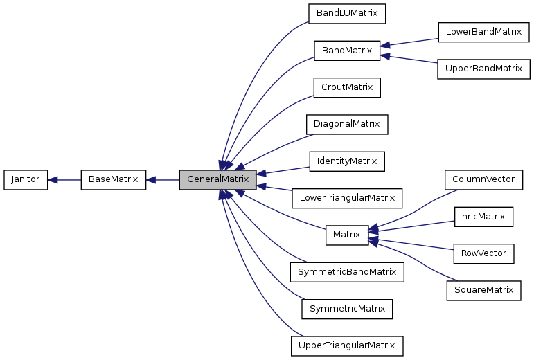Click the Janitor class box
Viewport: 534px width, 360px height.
(26, 179)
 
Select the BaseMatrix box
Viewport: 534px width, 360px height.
(113, 179)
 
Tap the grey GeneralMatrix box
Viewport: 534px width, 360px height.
(217, 179)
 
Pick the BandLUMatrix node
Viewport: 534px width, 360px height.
(346, 13)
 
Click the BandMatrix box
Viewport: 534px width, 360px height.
(346, 50)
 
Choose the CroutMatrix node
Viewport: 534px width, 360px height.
(347, 87)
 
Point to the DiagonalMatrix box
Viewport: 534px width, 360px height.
(346, 124)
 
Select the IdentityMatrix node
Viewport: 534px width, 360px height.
(346, 161)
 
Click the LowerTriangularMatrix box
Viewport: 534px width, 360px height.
(346, 198)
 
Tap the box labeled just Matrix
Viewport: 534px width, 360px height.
(346, 235)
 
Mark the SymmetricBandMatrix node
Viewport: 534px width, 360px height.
(346, 271)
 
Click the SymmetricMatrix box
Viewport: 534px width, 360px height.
(346, 308)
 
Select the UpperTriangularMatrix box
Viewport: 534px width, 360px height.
(346, 345)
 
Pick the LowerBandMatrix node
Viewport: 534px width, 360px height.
(483, 32)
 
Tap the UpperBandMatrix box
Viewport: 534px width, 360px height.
(483, 69)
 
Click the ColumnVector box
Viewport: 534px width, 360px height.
(483, 179)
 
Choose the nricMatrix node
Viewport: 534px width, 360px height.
(483, 216)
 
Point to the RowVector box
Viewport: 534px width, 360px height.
(483, 253)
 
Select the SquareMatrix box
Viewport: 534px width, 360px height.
(483, 290)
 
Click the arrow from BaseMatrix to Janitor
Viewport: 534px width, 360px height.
(64, 179)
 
